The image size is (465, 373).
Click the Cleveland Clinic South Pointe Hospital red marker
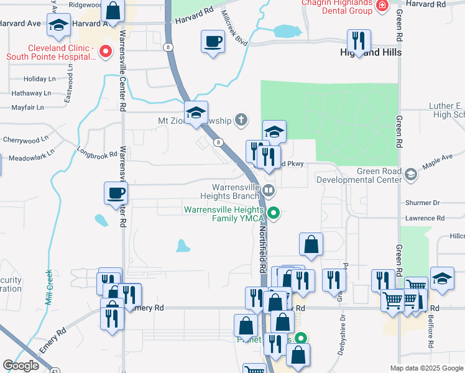click(106, 51)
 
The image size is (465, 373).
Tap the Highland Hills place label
click(371, 52)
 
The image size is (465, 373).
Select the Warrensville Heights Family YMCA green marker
click(273, 214)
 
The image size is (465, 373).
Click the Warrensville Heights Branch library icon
click(269, 190)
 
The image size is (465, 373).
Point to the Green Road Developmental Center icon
click(410, 175)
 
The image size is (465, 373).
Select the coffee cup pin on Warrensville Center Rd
click(116, 193)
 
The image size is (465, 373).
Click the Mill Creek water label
click(48, 287)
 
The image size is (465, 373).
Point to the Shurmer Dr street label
click(423, 203)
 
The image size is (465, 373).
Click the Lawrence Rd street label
click(425, 218)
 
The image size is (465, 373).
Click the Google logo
click(21, 365)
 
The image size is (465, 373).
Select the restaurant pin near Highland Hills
click(359, 41)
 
